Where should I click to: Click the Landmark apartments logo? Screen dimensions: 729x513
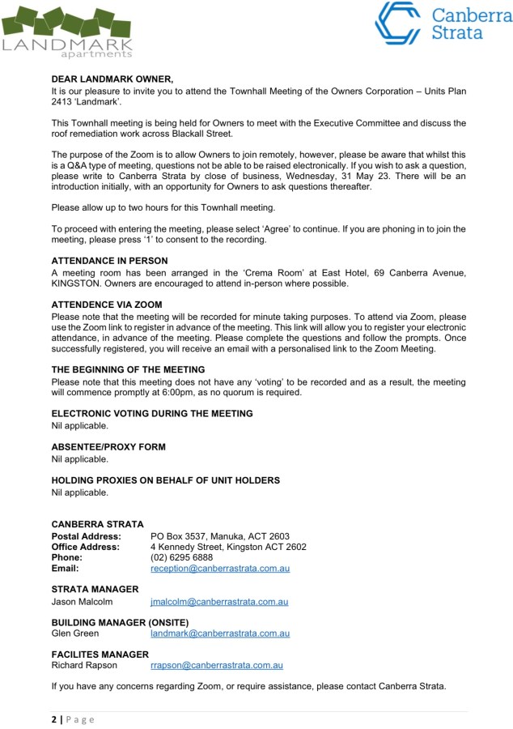coord(66,31)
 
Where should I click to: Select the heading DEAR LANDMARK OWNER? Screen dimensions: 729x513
coord(112,79)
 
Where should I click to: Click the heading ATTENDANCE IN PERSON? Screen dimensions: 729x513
coord(109,261)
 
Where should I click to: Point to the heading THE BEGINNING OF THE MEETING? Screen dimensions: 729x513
coord(128,369)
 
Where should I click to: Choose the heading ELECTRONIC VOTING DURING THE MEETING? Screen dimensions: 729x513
coord(152,413)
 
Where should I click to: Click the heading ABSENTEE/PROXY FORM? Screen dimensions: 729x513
coord(108,446)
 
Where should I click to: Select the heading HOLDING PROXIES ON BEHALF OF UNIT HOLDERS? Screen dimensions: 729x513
coord(165,480)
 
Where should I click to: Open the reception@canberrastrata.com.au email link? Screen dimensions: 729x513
coord(220,569)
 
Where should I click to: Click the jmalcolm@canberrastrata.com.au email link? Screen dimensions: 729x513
coord(219,602)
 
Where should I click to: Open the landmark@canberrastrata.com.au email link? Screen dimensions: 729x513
coord(220,633)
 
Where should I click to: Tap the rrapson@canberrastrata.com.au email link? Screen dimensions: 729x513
coord(216,666)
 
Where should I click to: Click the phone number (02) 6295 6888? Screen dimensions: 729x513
coord(182,557)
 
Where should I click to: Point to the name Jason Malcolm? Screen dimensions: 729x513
coord(83,602)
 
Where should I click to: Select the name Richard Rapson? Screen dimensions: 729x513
coord(84,666)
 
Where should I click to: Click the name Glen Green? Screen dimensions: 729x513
coord(75,633)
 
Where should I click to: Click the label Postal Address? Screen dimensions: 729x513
coord(87,536)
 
